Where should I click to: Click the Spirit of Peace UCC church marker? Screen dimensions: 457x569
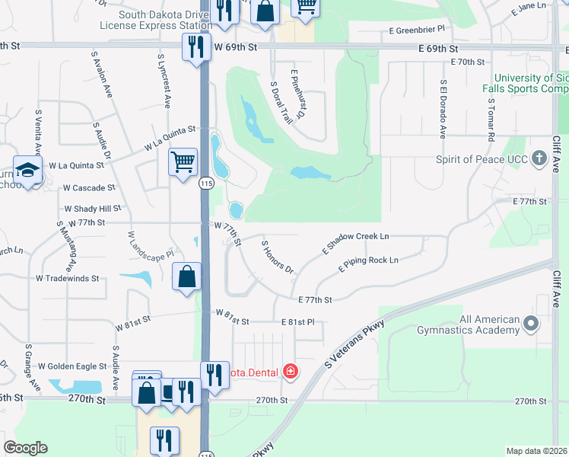(x=539, y=159)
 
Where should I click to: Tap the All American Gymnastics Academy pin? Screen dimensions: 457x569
(x=531, y=325)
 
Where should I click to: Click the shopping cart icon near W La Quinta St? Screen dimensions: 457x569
(x=183, y=162)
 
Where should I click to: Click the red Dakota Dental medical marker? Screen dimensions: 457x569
(x=290, y=372)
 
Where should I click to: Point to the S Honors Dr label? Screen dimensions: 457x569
(x=278, y=256)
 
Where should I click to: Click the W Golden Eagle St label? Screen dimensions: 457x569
(x=72, y=366)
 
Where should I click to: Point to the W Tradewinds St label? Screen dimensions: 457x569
(x=68, y=279)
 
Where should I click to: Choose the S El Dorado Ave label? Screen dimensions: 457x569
(x=442, y=109)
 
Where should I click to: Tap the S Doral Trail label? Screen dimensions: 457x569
(x=281, y=102)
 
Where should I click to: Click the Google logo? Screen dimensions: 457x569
(x=25, y=448)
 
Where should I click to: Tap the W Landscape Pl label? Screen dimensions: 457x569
(x=151, y=243)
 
